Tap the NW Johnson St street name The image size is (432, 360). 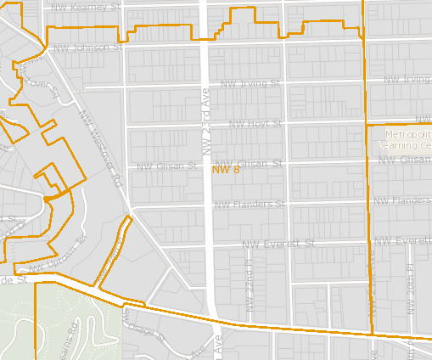click(87, 48)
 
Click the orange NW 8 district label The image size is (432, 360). click(226, 170)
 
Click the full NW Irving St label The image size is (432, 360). click(250, 84)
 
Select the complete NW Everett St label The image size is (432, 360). click(278, 244)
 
